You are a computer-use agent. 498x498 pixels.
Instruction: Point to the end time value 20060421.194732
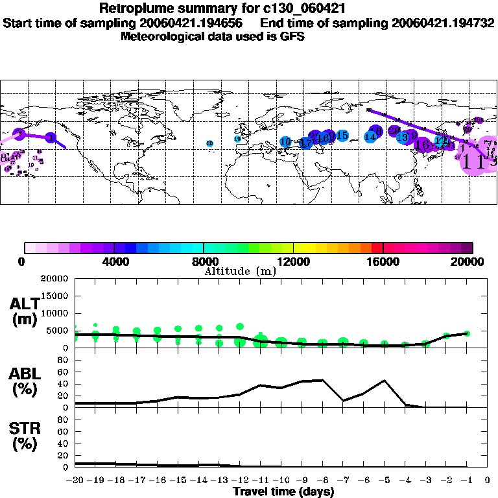pos(441,23)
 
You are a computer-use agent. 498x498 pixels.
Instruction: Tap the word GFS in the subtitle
pos(292,36)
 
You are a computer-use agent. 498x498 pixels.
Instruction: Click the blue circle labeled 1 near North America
pos(51,137)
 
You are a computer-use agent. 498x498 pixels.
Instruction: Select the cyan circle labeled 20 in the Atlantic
pos(209,143)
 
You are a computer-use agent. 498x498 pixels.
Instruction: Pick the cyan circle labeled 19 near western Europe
pos(237,139)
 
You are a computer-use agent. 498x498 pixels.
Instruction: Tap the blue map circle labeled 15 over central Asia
pos(342,136)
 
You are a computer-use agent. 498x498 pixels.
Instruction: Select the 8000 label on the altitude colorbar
pos(204,262)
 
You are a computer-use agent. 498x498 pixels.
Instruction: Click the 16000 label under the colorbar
pos(383,262)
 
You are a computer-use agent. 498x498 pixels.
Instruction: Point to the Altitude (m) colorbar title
pos(240,271)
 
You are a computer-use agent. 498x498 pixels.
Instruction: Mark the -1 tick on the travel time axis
pos(466,480)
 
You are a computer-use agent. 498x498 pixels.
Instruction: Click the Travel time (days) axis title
pos(283,492)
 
